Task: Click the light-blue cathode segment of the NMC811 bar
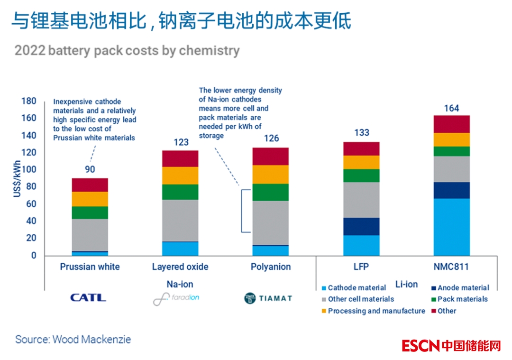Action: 451,227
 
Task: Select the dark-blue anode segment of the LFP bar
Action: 362,226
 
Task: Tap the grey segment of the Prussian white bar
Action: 90,235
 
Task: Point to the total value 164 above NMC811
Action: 451,109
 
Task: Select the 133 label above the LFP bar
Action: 362,133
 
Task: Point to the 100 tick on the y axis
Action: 30,170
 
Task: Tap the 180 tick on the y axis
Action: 29,101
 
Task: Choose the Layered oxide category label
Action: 180,267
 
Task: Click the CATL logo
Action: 88,298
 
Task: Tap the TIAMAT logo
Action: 268,298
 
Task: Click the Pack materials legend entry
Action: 462,299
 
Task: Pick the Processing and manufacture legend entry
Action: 376,311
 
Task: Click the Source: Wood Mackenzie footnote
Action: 73,340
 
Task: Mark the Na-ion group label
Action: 180,284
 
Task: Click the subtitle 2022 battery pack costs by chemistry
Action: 127,51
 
